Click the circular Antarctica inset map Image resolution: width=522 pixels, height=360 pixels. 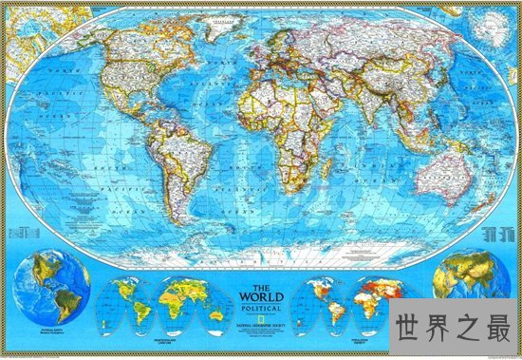[x=494, y=23]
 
